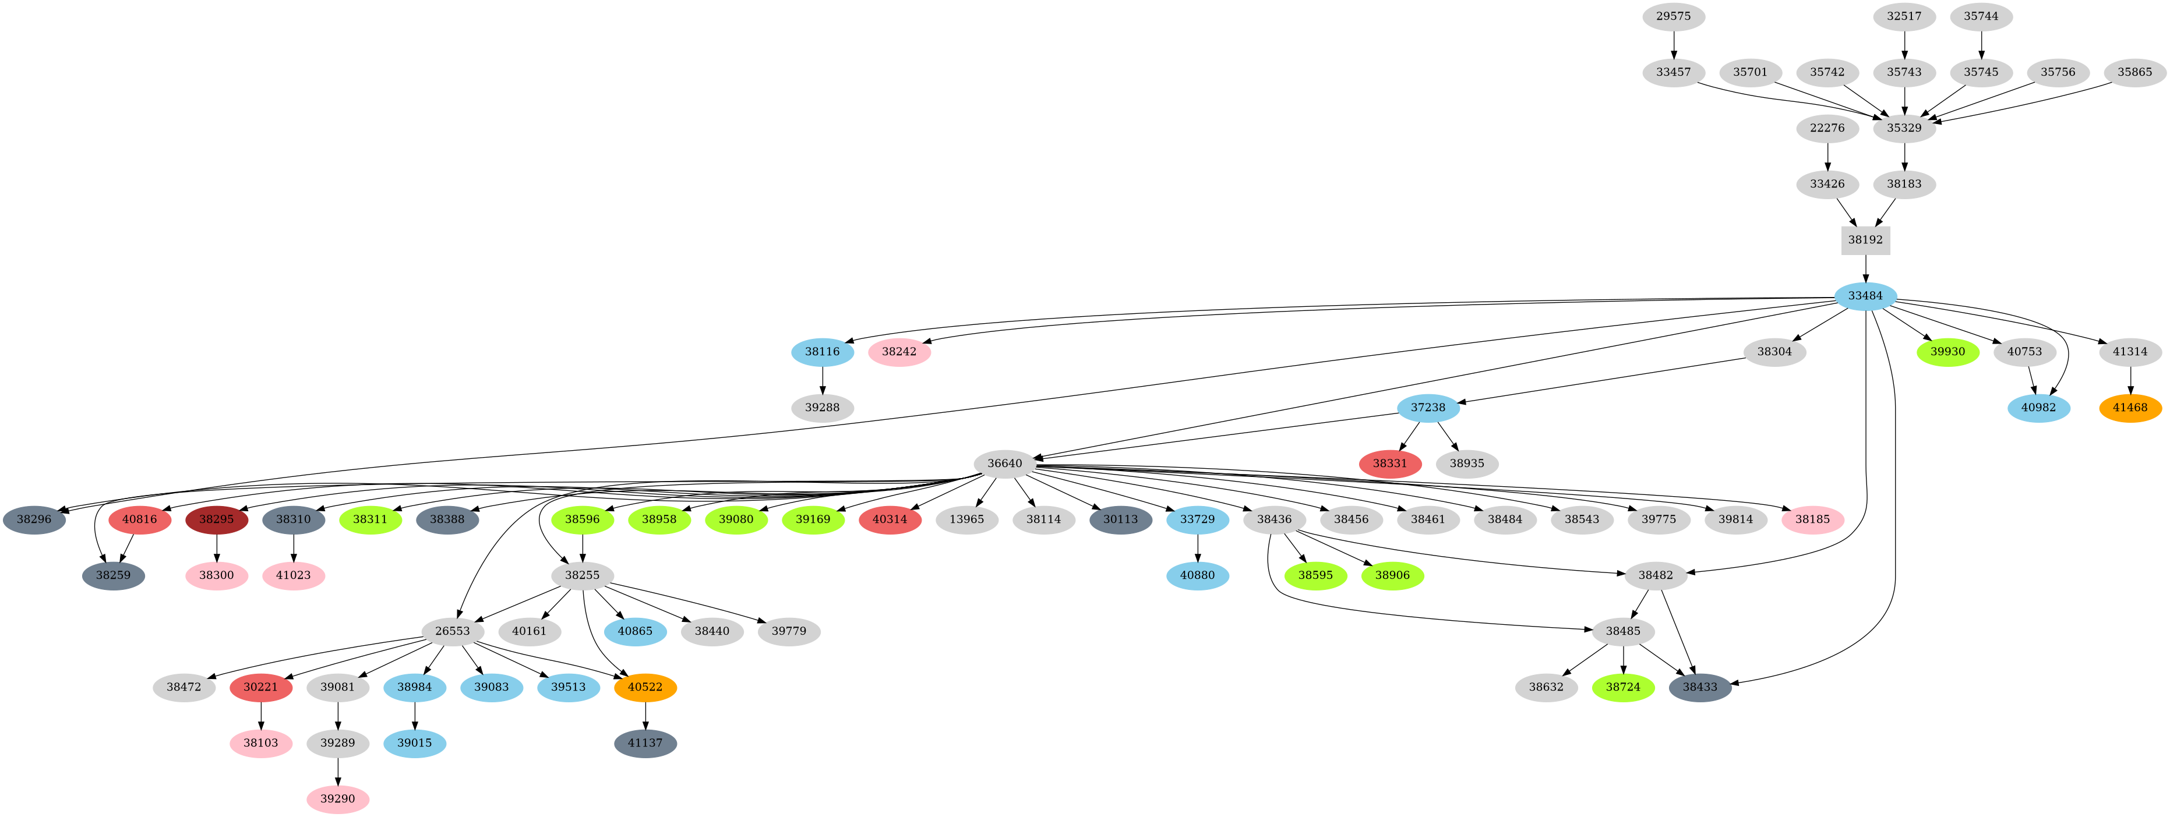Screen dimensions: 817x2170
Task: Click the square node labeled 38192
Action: tap(1865, 240)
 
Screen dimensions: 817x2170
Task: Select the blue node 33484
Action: tap(1865, 296)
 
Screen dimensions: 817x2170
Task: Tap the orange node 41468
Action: tap(2130, 408)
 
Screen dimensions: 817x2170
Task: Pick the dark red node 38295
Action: tap(217, 519)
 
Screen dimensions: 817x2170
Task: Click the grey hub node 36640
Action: tap(1004, 464)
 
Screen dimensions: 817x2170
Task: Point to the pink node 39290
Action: tap(338, 798)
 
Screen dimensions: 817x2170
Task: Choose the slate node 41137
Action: tap(645, 743)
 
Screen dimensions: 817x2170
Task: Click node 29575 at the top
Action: tap(1673, 16)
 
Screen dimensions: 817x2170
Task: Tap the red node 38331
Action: tap(1390, 464)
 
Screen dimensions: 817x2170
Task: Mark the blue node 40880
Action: tap(1197, 576)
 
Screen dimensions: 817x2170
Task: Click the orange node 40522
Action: tap(645, 687)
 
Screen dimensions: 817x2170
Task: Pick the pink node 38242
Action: tap(899, 351)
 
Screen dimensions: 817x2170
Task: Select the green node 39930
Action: tap(1947, 351)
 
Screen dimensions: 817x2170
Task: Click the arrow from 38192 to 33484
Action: tap(1865, 268)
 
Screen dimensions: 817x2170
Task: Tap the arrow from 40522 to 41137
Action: tap(645, 715)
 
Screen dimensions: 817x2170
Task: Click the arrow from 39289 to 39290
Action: tap(338, 770)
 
